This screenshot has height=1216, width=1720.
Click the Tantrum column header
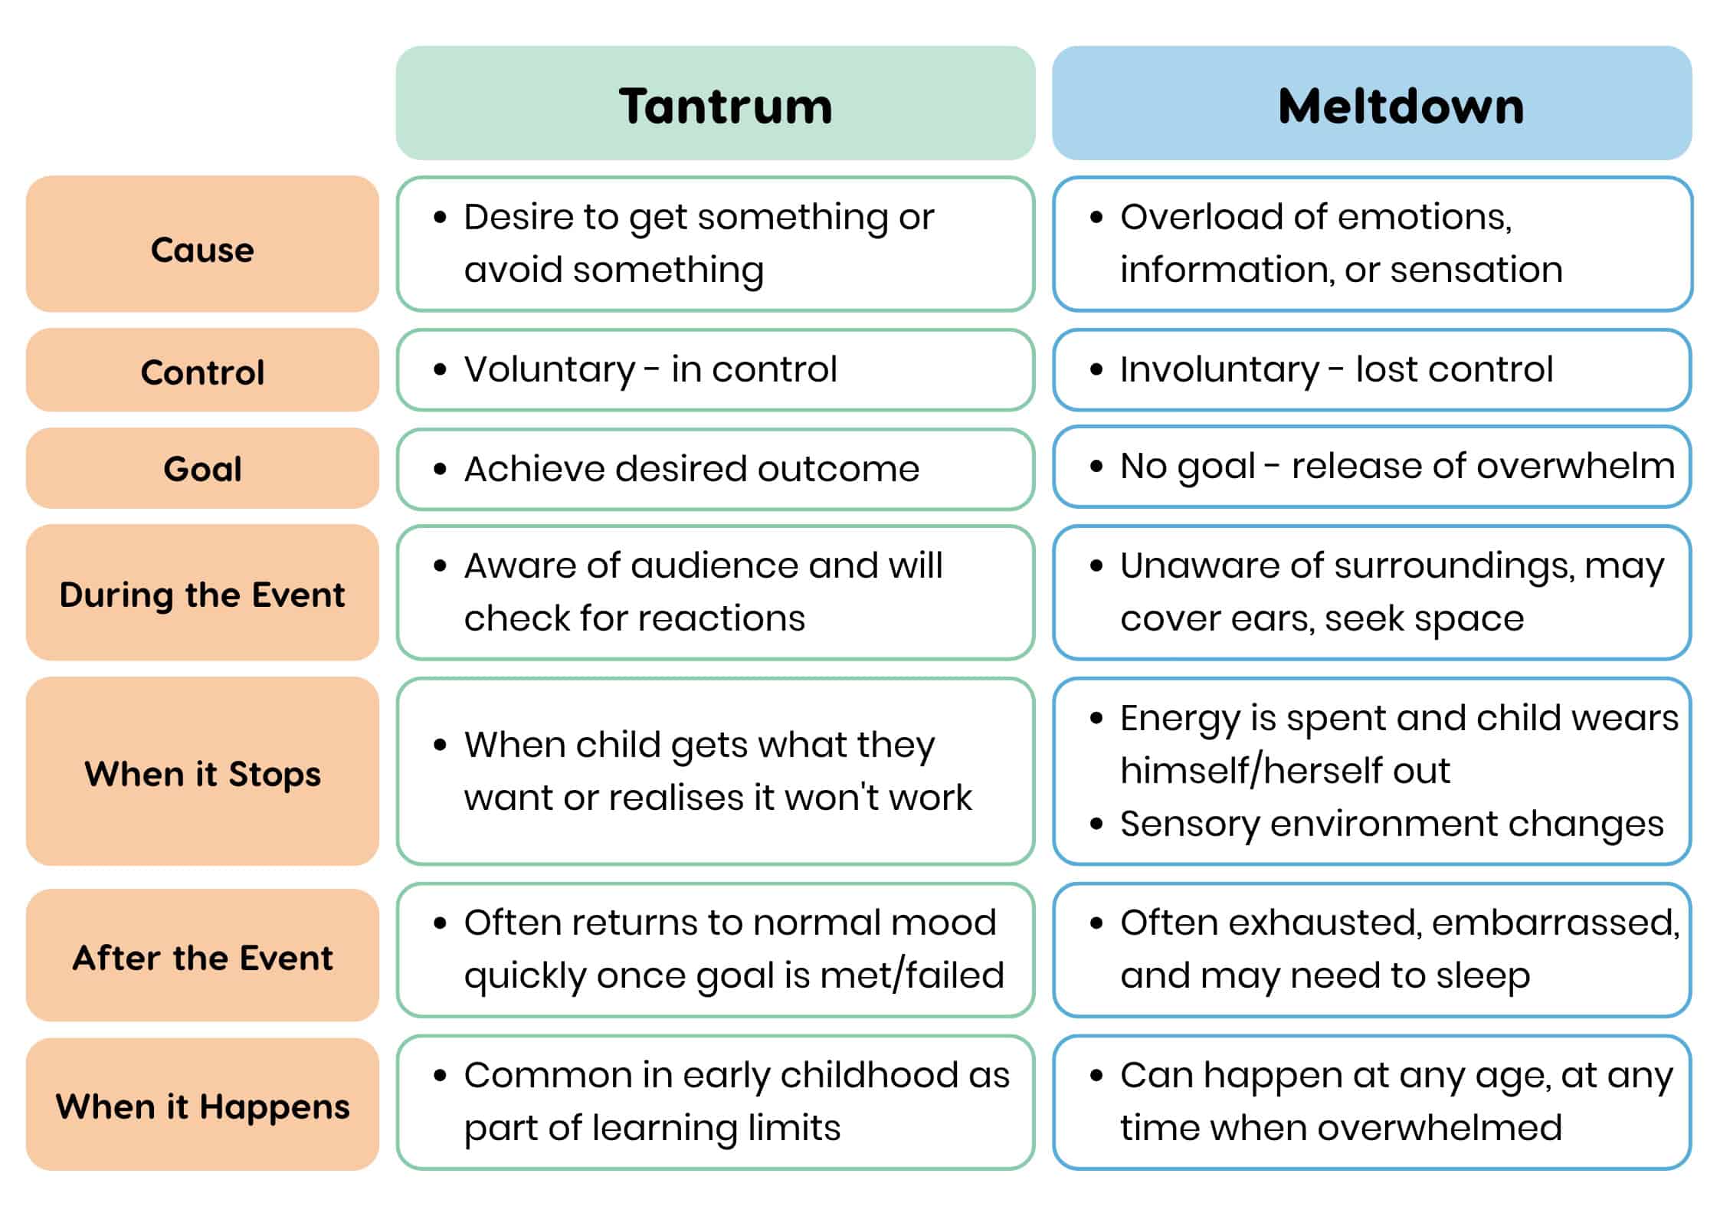[x=716, y=103]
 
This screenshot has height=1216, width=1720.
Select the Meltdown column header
[x=1371, y=103]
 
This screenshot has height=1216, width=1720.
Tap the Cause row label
[x=202, y=244]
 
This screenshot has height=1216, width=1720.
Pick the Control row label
[x=202, y=370]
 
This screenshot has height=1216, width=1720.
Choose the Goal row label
[x=202, y=468]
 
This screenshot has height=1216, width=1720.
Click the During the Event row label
[x=202, y=592]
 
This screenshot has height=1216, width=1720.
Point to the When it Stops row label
[x=202, y=771]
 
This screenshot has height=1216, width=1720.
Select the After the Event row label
[x=202, y=955]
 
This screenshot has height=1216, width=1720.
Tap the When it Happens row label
[x=202, y=1104]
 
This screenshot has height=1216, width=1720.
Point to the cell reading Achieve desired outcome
[x=716, y=469]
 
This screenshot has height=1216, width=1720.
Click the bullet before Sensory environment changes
[x=1096, y=824]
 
